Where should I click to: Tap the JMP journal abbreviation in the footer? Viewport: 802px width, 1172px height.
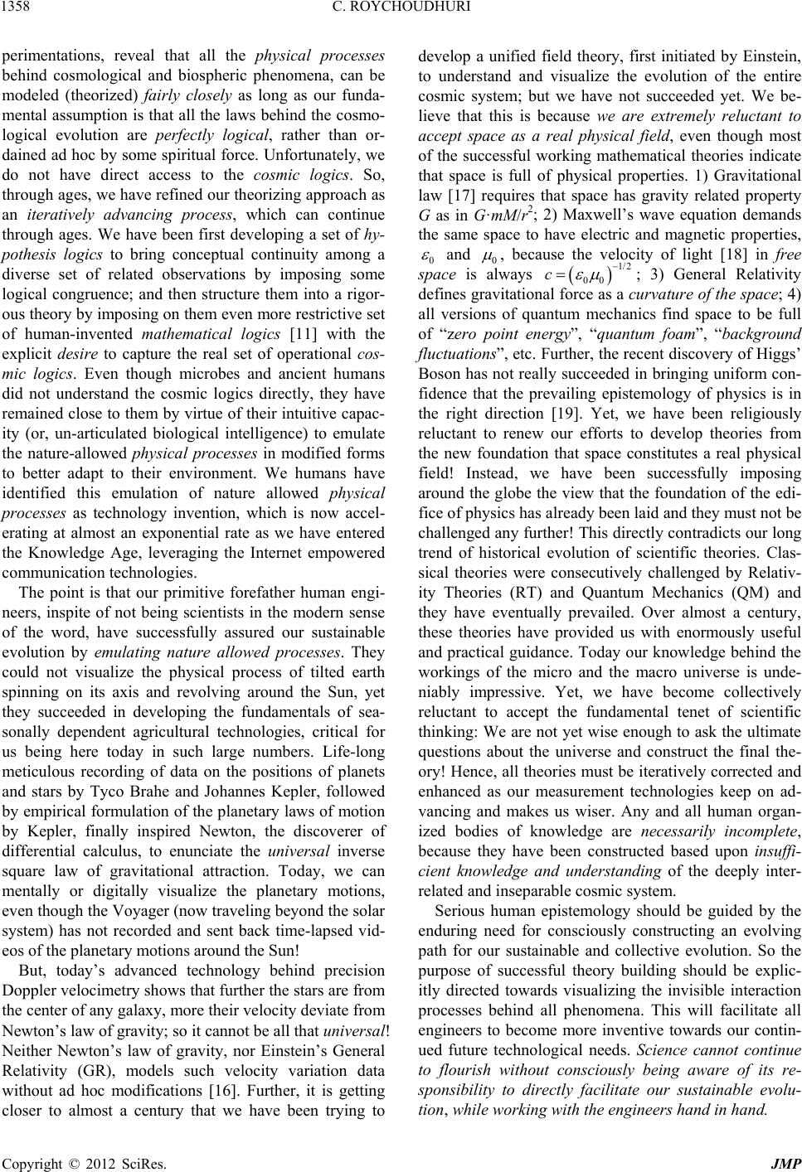click(785, 1160)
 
